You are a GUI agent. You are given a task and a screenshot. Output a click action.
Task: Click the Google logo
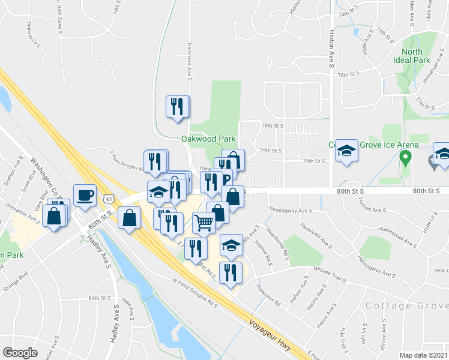click(20, 353)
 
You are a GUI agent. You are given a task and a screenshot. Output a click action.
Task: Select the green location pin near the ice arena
click(405, 158)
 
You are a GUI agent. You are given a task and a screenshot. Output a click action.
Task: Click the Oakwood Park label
click(208, 139)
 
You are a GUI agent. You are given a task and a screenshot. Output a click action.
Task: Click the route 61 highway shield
click(108, 197)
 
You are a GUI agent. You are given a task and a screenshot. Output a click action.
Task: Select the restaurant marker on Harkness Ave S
click(178, 107)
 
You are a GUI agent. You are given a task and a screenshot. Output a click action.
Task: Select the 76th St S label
click(348, 74)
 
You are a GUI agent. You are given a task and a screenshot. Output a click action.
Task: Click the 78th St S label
click(272, 126)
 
